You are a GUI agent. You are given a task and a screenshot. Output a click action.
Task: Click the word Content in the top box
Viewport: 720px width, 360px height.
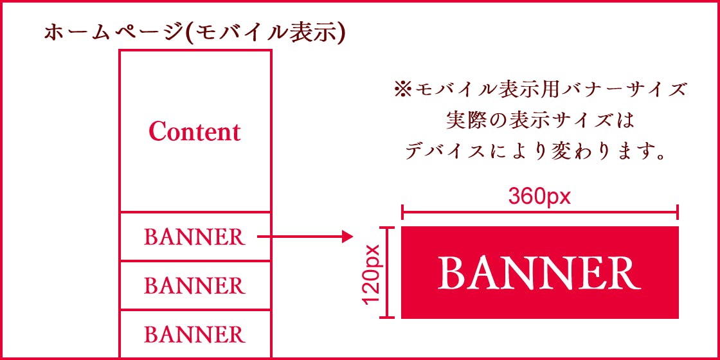coord(194,132)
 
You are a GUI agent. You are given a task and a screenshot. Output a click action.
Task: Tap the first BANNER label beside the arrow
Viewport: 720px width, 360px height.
coord(194,237)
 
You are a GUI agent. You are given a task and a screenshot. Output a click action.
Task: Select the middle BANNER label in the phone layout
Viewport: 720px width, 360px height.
coord(194,285)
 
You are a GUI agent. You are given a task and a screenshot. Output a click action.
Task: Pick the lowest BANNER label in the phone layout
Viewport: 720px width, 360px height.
coord(194,334)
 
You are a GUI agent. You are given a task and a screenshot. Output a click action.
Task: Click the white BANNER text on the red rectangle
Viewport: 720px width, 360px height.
coord(539,273)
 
